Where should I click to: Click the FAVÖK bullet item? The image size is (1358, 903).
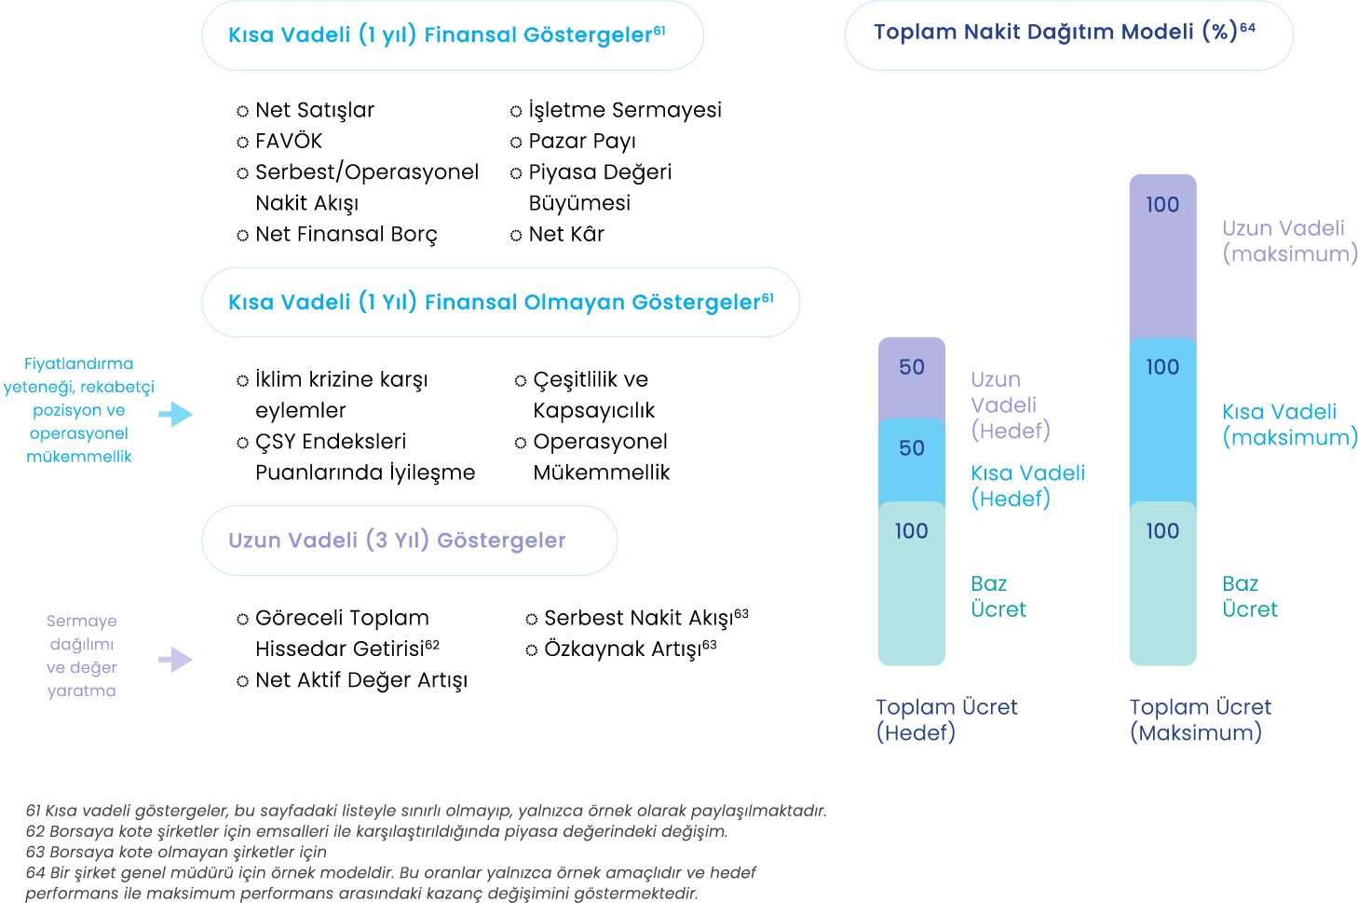288,142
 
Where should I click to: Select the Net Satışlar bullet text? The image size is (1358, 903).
314,110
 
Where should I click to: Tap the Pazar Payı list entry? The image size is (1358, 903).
581,142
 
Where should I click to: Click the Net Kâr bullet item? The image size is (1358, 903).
565,234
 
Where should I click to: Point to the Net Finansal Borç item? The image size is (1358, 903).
346,234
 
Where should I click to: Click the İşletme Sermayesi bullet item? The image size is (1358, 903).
624,110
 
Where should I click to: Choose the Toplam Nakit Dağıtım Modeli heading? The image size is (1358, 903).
1064,33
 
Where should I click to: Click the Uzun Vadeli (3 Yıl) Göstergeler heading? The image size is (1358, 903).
397,540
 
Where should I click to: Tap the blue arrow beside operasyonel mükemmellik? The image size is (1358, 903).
175,415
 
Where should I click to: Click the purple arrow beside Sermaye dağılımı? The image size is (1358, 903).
175,660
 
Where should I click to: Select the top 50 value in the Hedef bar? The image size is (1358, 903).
912,367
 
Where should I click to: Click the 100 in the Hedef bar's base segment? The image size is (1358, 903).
912,531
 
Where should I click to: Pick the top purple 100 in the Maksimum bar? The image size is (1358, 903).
1162,205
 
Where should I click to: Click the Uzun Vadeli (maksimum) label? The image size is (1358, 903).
1290,241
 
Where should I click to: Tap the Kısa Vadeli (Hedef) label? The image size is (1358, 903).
1027,486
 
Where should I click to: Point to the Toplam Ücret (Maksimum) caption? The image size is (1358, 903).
1200,720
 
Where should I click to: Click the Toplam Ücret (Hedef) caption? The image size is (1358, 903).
946,720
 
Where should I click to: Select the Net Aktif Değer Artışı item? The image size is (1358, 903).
360,680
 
